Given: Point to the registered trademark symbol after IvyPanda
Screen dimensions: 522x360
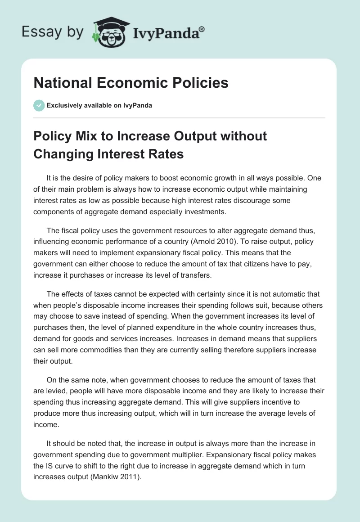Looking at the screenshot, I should tap(202, 28).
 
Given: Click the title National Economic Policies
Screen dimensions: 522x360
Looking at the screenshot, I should tap(131, 83).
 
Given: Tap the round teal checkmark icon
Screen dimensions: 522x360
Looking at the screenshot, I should tap(39, 105).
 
